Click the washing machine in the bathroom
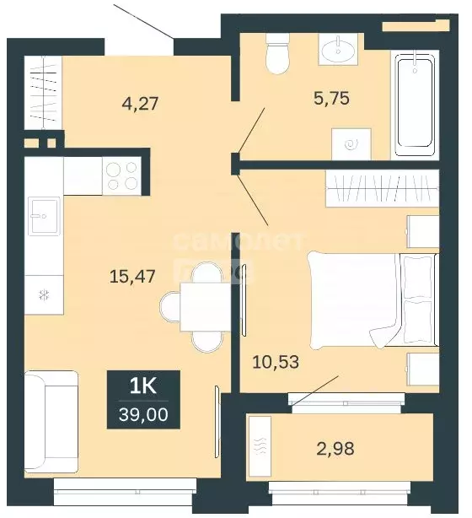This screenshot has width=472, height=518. (x=352, y=143)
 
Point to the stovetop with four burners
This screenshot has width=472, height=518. (x=123, y=175)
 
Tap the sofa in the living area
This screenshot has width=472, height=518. (x=51, y=423)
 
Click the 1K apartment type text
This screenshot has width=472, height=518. (x=143, y=387)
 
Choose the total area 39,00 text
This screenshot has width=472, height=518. (x=143, y=415)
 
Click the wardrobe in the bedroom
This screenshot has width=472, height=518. (x=382, y=188)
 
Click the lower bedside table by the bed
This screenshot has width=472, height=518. (x=422, y=369)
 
